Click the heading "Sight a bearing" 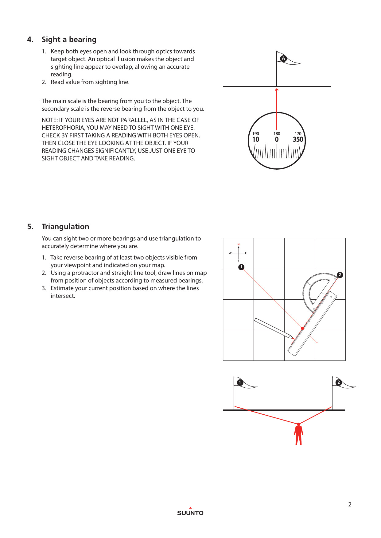point(69,40)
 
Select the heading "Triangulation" point(65,227)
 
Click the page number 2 point(350,505)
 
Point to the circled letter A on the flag point(283,58)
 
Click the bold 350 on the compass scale point(298,140)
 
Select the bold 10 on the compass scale point(255,140)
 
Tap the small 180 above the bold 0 point(277,134)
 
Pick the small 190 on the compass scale point(255,134)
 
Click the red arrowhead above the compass point(277,90)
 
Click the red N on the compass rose point(239,244)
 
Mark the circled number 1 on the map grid point(241,267)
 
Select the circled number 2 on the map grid point(340,275)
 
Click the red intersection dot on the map point(302,328)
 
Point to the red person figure point(298,435)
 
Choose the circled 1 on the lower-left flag point(240,382)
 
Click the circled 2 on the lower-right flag point(338,382)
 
